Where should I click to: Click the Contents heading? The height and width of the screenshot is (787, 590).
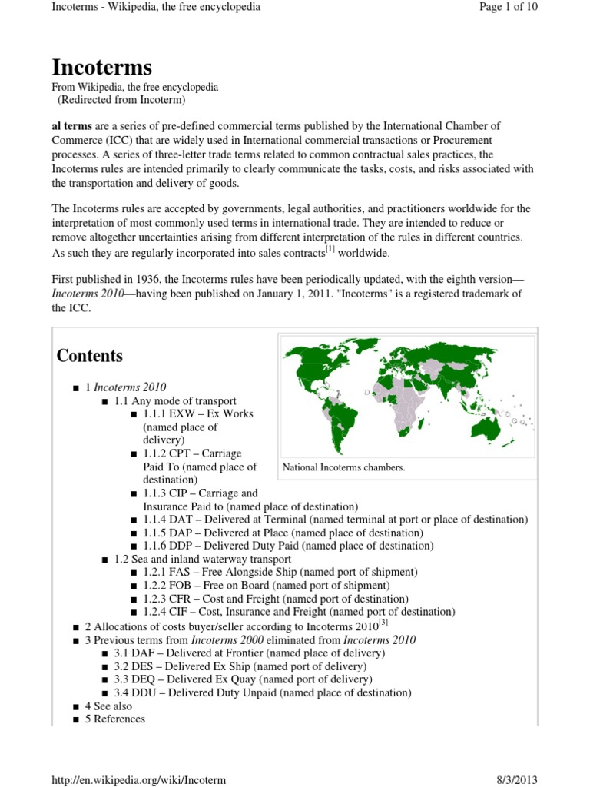[90, 356]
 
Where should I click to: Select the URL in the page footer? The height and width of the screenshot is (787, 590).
[138, 779]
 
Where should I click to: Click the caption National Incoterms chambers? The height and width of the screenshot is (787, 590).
[343, 467]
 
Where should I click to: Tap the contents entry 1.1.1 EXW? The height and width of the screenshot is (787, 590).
[197, 414]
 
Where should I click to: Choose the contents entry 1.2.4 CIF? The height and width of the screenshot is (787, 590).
[299, 612]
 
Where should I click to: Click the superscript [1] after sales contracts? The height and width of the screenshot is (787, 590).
[330, 249]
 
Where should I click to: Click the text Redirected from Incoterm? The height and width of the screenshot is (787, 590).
[121, 100]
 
